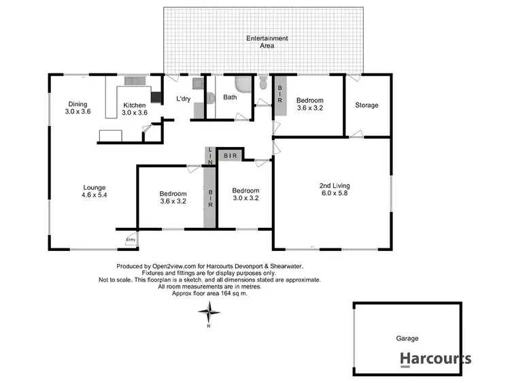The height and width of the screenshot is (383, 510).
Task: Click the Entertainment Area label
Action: pos(267,42)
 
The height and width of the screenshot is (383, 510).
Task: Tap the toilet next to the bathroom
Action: pos(263,84)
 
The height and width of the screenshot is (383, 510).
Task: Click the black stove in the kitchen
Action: pos(156,97)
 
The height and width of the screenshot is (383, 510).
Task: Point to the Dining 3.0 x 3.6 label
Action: pos(77,107)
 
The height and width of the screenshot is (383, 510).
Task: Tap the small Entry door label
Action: pos(131,239)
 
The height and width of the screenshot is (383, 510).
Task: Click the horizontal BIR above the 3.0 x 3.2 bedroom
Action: pos(231,156)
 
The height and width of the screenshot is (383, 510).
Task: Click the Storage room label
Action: pos(367,105)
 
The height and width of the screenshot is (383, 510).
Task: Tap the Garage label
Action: pos(407,338)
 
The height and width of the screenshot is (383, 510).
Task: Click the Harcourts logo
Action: pos(435,359)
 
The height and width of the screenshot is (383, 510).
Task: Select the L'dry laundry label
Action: pos(183,99)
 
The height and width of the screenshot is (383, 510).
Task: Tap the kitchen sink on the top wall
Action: pos(135,82)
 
